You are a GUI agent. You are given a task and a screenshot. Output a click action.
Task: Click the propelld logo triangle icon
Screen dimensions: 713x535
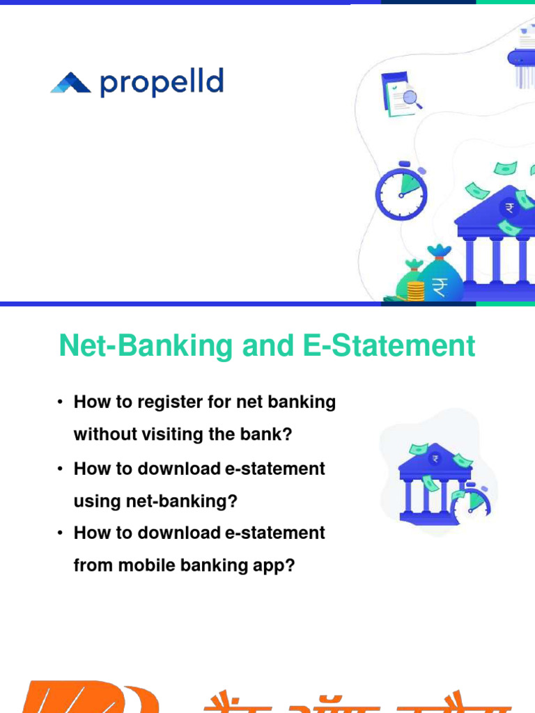pyautogui.click(x=71, y=84)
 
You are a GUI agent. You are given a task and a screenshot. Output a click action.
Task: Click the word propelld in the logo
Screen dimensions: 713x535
pyautogui.click(x=162, y=83)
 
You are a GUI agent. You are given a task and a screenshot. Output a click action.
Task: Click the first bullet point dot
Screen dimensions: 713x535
pyautogui.click(x=61, y=403)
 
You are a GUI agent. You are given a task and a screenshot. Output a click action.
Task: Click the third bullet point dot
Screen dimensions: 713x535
pyautogui.click(x=61, y=533)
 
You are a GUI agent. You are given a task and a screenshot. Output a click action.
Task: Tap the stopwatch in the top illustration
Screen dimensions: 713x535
pyautogui.click(x=401, y=192)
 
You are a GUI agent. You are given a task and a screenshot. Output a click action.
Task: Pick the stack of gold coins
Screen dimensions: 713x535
pyautogui.click(x=416, y=291)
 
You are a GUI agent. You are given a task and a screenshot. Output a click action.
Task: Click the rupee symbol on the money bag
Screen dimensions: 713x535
pyautogui.click(x=440, y=286)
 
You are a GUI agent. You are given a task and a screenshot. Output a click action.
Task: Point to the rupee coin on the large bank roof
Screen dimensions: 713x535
pyautogui.click(x=510, y=207)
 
